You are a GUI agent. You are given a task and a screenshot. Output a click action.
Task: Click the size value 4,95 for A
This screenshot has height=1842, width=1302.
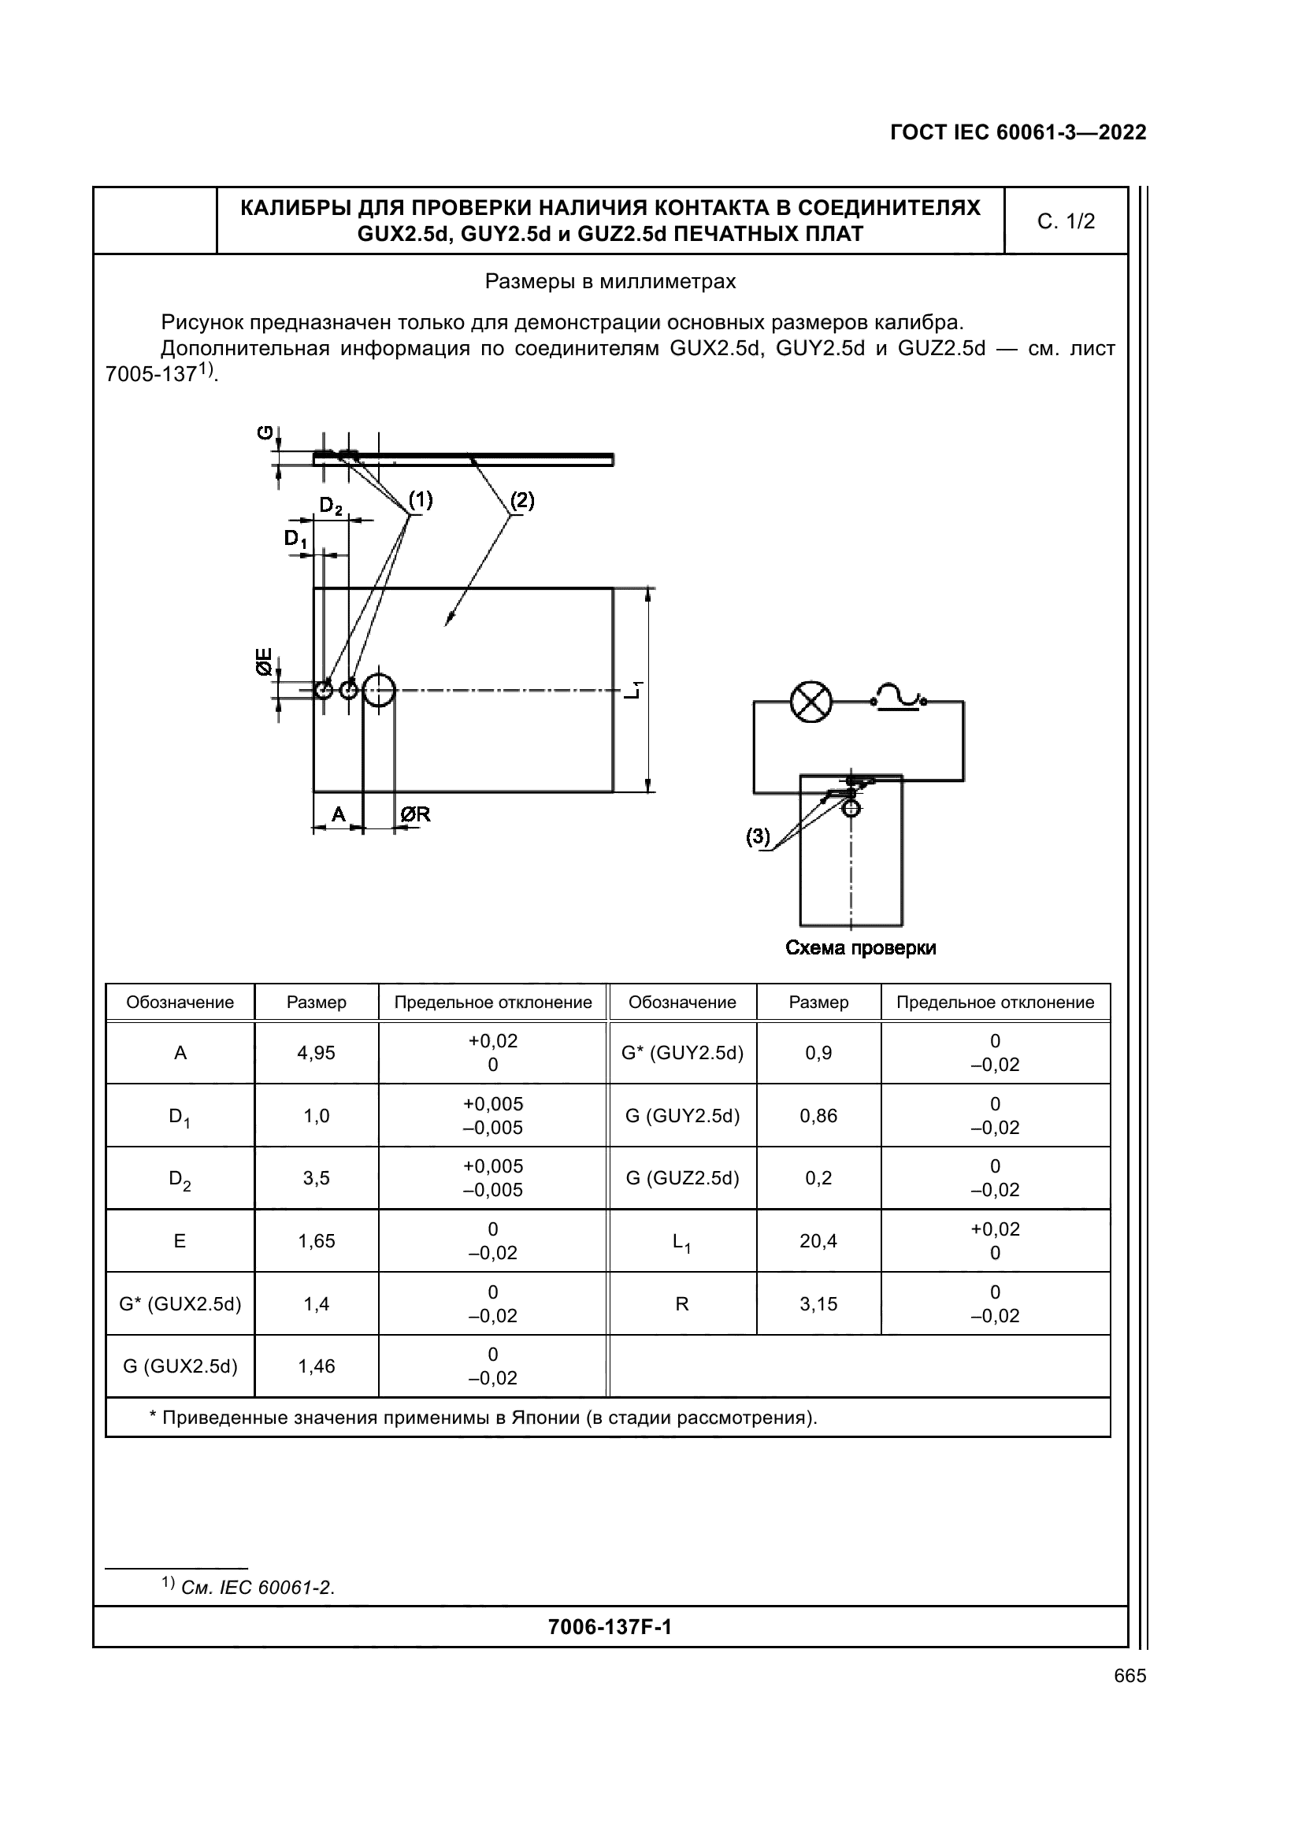tap(316, 1053)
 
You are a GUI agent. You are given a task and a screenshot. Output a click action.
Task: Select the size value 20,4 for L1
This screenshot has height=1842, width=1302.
tap(818, 1241)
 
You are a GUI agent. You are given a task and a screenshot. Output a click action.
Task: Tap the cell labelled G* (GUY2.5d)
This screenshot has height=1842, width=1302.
tap(683, 1053)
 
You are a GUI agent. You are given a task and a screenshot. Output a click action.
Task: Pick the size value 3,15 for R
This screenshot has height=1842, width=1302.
tap(818, 1303)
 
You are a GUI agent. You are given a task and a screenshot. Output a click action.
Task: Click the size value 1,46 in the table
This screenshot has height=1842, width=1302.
tap(316, 1366)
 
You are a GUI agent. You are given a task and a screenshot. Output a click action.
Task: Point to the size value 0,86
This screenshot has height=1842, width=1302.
tap(818, 1115)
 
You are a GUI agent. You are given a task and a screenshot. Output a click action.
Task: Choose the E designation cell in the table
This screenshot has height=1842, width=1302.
tap(180, 1241)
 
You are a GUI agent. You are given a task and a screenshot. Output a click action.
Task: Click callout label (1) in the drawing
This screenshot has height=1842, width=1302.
tap(421, 500)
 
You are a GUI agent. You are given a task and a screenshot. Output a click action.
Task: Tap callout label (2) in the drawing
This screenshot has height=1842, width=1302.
tap(522, 500)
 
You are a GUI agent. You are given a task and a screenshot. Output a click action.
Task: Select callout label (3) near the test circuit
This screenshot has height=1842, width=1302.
tap(758, 837)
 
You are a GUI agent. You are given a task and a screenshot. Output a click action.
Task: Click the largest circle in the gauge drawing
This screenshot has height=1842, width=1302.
tap(379, 689)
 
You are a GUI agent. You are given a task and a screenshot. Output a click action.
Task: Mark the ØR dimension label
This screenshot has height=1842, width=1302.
tap(416, 814)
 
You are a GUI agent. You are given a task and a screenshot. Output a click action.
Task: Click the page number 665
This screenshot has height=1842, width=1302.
tap(1130, 1676)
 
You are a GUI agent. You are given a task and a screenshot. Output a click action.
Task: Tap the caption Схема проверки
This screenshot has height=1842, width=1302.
tap(861, 948)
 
